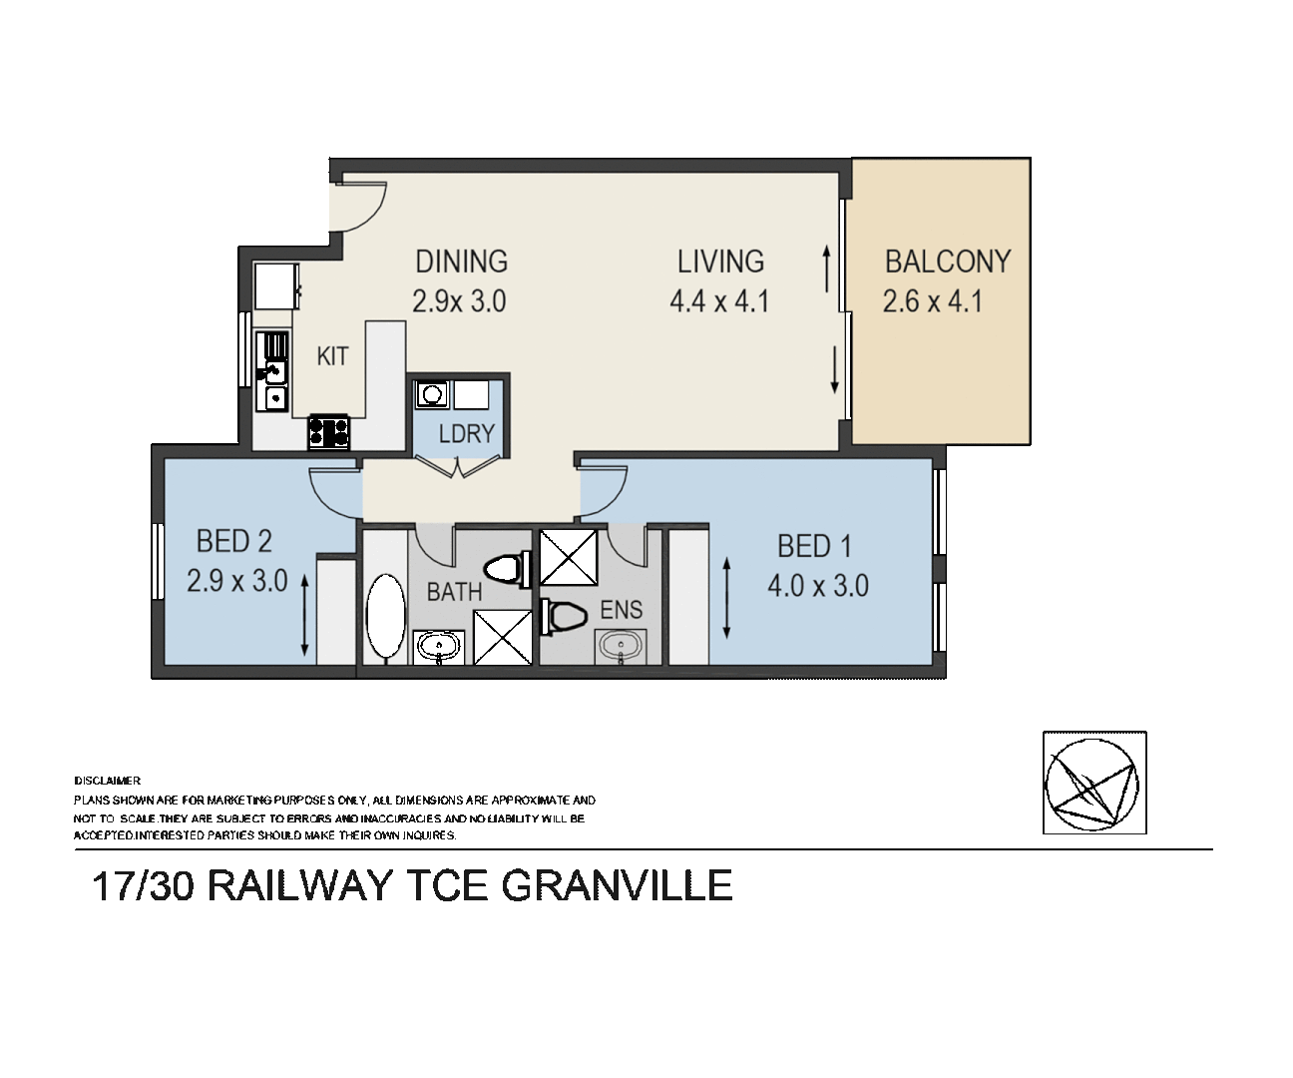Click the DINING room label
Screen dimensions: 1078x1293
click(x=461, y=262)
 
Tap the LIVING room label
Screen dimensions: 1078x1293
click(x=720, y=262)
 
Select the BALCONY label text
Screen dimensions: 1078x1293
click(x=948, y=262)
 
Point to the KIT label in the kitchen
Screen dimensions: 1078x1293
click(x=332, y=356)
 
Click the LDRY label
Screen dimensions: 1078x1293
click(x=466, y=433)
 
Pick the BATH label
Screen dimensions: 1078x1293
click(x=454, y=592)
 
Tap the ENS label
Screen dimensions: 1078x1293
click(x=621, y=610)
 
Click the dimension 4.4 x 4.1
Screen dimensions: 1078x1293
click(x=719, y=300)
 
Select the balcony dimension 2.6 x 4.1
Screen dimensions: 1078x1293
click(x=932, y=300)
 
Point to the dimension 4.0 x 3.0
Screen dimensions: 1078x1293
click(x=817, y=585)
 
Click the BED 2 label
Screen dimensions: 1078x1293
click(x=233, y=542)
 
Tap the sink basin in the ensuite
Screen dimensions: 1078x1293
click(x=621, y=647)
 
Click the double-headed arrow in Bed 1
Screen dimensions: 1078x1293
click(x=726, y=599)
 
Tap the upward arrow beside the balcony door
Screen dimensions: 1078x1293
click(x=827, y=269)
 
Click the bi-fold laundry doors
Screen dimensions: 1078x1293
click(x=456, y=465)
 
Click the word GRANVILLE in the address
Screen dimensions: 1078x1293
click(x=620, y=886)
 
